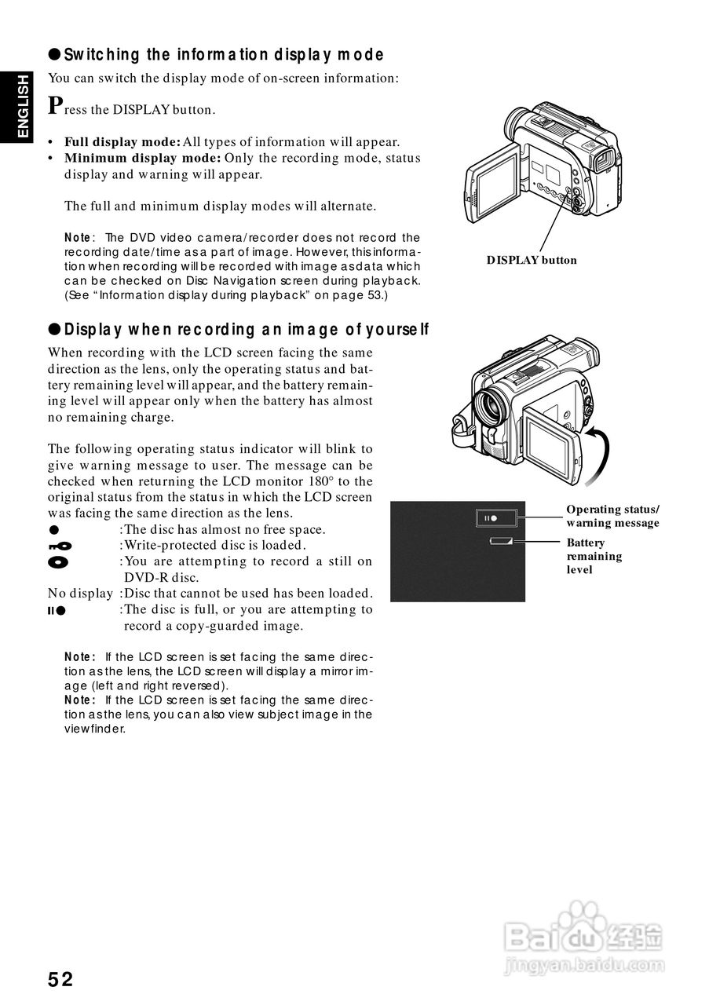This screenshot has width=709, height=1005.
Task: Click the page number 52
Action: click(x=60, y=979)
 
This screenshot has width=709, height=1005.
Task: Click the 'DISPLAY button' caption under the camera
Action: click(x=531, y=260)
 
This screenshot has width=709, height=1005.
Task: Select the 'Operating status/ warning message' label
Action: click(x=612, y=516)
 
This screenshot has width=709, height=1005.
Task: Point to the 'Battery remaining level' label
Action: click(x=594, y=556)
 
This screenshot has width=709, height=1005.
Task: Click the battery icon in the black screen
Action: click(x=500, y=541)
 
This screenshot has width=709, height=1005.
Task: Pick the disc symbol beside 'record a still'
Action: click(x=58, y=562)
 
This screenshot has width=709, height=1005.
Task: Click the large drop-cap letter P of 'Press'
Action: click(x=55, y=104)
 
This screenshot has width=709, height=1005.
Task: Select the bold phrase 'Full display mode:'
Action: click(x=122, y=142)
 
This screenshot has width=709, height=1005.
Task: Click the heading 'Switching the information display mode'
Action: click(x=223, y=54)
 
